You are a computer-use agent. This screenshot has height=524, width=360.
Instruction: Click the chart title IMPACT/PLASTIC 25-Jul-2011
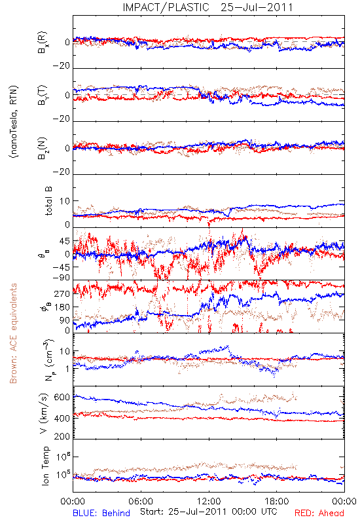207,7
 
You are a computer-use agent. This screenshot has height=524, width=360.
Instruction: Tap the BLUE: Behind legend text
101,513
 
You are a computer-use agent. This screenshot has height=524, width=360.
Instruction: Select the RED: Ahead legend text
319,513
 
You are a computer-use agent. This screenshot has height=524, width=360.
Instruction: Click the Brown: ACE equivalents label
13,333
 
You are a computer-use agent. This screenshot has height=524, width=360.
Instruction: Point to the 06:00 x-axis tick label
141,501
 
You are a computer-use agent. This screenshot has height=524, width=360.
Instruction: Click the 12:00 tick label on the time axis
209,501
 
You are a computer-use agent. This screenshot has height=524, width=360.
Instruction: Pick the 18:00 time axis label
277,501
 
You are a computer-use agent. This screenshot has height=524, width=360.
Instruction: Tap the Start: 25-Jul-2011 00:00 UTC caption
208,512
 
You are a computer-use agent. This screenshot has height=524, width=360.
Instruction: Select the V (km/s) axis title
44,413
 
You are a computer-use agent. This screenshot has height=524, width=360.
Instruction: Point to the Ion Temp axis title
45,466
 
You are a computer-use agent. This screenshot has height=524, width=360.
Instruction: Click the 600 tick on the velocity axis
62,398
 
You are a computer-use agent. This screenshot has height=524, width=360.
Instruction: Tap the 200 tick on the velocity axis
62,436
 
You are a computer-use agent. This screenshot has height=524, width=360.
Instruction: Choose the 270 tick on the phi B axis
62,293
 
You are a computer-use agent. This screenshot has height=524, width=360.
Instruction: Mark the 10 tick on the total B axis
65,201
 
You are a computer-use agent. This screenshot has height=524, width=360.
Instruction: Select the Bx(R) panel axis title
43,42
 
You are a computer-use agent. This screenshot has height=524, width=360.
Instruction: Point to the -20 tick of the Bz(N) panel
62,172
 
